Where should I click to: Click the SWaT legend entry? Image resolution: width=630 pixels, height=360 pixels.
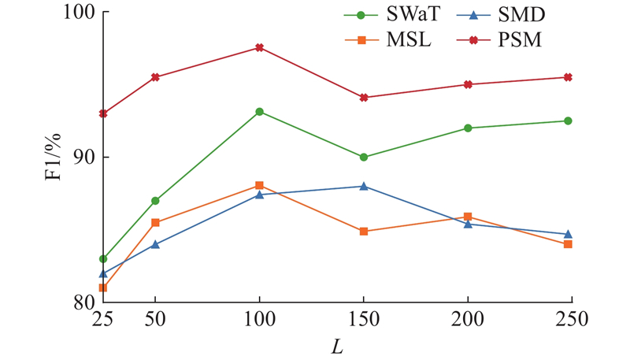point(387,15)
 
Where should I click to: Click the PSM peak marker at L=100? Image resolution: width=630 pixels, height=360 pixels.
point(259,48)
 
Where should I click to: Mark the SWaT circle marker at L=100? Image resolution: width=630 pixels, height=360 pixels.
point(259,112)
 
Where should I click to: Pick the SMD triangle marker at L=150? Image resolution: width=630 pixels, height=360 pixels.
point(364,186)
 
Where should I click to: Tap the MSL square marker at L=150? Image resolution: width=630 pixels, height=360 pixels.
point(364,232)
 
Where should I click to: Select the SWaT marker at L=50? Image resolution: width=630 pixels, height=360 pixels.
point(155,201)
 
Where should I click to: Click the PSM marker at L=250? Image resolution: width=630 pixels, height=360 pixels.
point(568,77)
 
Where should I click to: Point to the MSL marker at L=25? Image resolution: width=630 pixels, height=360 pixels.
point(103,288)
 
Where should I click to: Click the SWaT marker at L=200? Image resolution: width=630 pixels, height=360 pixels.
point(468,128)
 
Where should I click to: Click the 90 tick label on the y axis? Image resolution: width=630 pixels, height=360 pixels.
point(82,158)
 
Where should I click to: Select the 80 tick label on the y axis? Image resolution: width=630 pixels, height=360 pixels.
point(82,302)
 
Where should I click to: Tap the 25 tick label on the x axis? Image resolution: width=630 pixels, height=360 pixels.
point(103,321)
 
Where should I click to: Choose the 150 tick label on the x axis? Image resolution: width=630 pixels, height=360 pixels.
point(364,321)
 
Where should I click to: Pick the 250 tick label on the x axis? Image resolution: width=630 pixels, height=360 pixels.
point(568,321)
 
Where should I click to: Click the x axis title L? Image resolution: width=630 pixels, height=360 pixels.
point(337,346)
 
